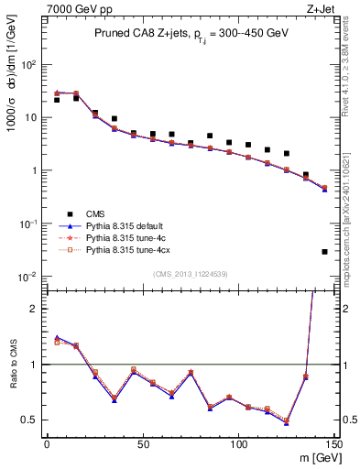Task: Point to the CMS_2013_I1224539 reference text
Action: coord(190,274)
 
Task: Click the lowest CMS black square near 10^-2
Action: coord(325,251)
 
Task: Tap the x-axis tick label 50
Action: coord(143,444)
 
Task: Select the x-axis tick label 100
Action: coord(238,444)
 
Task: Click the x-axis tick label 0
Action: coord(47,444)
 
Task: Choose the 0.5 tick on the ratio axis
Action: coord(32,420)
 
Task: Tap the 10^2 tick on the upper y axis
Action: coord(29,65)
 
